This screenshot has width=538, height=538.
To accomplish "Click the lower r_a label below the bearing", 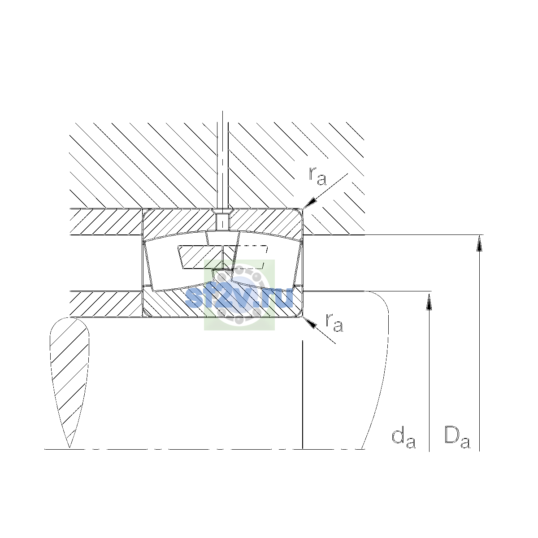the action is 334,323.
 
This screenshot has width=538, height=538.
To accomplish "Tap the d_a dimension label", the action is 403,439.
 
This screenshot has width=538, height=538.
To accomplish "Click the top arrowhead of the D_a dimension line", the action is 479,243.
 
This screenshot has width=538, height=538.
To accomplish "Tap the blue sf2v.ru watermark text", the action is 239,298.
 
